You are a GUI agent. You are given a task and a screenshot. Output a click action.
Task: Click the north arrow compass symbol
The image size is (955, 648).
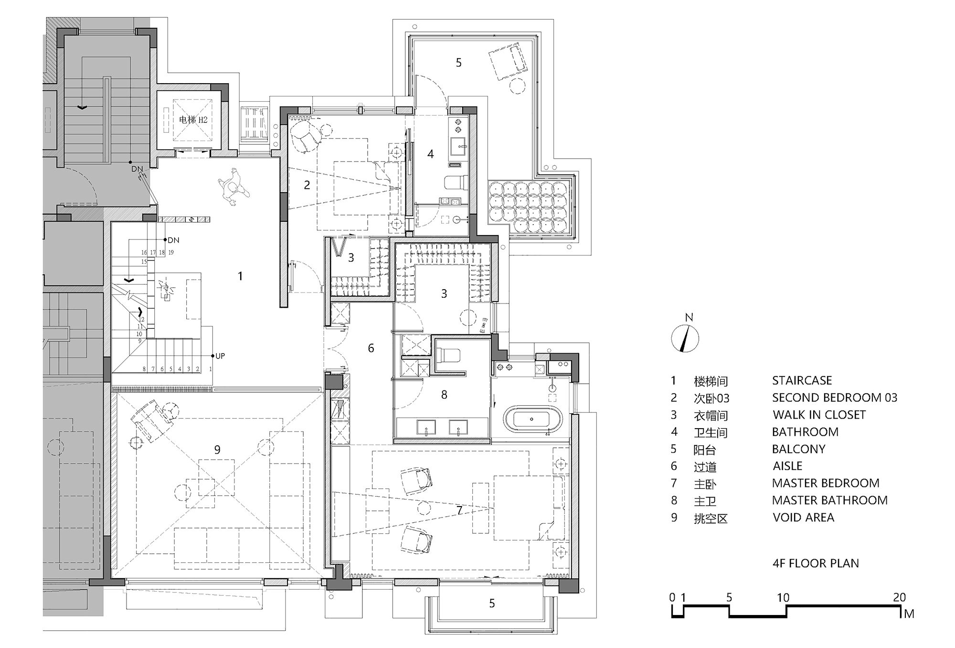click(x=685, y=338)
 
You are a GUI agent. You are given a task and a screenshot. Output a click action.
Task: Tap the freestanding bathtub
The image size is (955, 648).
click(x=532, y=419)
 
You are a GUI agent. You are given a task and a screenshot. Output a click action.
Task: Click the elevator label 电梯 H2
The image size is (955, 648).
click(x=193, y=119)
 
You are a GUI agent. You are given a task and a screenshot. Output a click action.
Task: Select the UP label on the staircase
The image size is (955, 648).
click(x=220, y=356)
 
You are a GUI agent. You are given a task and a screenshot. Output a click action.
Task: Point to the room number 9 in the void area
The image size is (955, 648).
click(x=217, y=449)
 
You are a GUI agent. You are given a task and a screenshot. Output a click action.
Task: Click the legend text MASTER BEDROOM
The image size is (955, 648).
click(x=826, y=483)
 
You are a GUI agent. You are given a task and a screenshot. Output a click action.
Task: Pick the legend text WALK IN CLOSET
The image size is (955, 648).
click(x=819, y=415)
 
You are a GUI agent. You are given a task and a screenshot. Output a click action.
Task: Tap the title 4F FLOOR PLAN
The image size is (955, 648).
click(x=816, y=563)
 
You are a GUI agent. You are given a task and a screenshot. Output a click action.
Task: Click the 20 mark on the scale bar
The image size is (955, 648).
click(x=900, y=597)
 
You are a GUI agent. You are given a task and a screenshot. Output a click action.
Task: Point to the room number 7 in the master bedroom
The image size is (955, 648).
click(x=459, y=510)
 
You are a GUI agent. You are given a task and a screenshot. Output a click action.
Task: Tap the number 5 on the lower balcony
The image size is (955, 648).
click(x=492, y=604)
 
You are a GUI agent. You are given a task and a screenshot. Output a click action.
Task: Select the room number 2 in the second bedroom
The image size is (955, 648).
click(x=307, y=184)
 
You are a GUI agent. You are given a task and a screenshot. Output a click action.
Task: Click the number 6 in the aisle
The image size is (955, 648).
click(x=371, y=348)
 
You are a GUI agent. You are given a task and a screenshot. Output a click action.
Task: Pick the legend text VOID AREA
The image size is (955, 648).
click(x=804, y=518)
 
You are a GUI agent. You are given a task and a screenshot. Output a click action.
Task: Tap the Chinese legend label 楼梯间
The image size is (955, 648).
click(x=711, y=381)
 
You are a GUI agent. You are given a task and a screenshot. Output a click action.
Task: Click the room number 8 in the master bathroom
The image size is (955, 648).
click(x=444, y=395)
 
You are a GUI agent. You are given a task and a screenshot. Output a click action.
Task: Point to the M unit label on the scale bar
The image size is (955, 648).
click(x=909, y=614)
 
